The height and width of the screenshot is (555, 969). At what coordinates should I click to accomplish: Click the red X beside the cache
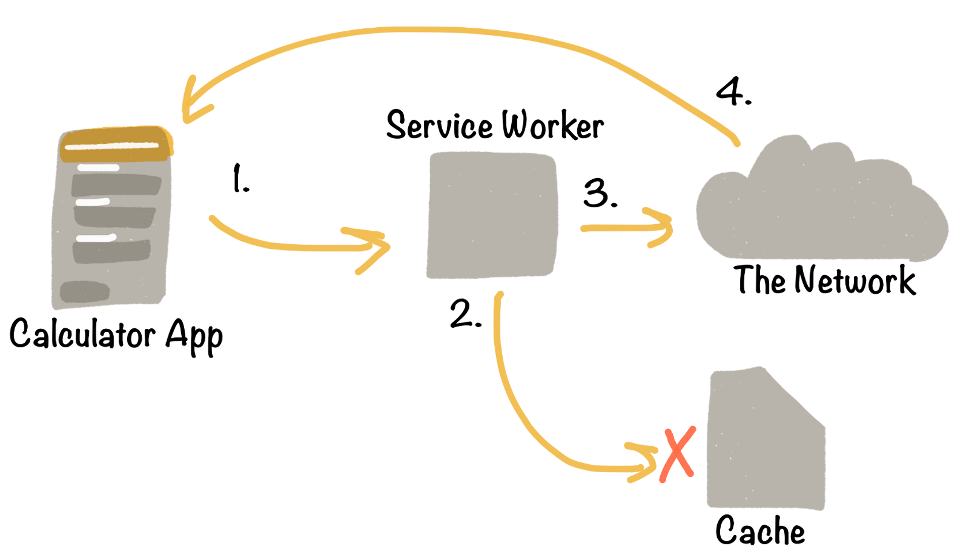pyautogui.click(x=678, y=455)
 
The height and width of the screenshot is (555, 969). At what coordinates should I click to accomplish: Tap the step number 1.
pyautogui.click(x=240, y=179)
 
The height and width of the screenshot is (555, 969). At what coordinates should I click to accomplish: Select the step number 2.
pyautogui.click(x=464, y=314)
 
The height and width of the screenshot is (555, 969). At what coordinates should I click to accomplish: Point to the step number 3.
pyautogui.click(x=599, y=193)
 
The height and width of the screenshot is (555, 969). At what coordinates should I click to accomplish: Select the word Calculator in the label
pyautogui.click(x=82, y=334)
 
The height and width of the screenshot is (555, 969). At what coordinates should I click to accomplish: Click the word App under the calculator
pyautogui.click(x=194, y=336)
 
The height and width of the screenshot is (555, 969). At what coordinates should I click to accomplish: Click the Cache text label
pyautogui.click(x=760, y=530)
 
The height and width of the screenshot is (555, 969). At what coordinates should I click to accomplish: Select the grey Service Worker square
pyautogui.click(x=492, y=215)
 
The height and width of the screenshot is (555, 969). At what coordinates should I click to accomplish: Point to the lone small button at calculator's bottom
pyautogui.click(x=84, y=291)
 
